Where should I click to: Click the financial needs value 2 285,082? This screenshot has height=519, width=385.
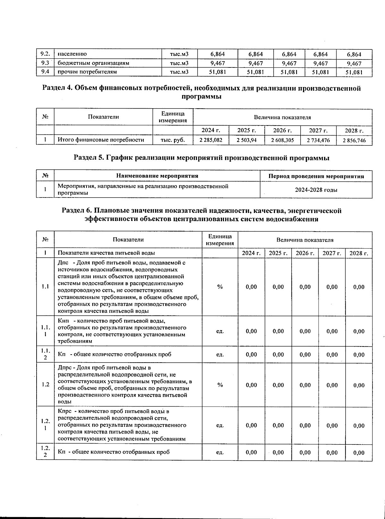pos(211,140)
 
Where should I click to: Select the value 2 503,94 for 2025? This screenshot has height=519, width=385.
pos(246,140)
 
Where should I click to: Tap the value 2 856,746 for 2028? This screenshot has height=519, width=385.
pos(354,140)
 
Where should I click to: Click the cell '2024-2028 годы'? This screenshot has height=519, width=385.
pos(316,190)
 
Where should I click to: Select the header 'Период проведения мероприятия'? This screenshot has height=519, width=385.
pos(316,176)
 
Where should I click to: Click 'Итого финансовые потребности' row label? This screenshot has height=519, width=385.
pos(101,140)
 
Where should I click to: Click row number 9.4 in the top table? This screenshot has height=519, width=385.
pos(45,72)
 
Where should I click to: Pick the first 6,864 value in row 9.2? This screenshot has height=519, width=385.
pos(218,54)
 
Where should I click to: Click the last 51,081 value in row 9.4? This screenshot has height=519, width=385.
pos(354,73)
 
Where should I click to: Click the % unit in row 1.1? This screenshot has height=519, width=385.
pos(220,287)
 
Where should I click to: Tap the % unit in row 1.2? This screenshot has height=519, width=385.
pos(220,385)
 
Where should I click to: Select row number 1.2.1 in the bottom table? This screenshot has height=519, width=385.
pos(45,425)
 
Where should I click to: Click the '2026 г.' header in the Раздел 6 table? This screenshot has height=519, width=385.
pos(305,253)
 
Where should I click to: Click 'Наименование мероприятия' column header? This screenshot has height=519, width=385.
pos(157,176)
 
